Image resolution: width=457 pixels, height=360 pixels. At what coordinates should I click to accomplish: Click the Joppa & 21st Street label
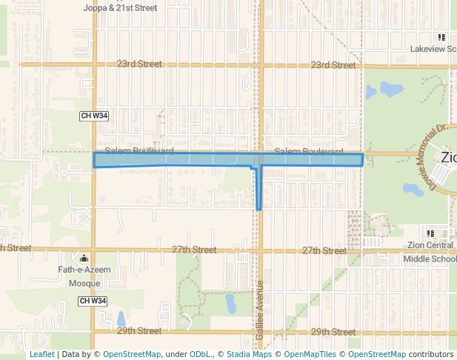pos(121,7)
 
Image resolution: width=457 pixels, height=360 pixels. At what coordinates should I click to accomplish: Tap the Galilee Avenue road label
pos(260,311)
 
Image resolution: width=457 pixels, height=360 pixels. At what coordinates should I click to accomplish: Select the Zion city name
pos(448,157)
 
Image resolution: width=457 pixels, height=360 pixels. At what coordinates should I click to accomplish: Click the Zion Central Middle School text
pos(430,252)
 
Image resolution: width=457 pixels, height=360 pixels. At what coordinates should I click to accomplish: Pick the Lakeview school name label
pos(433,50)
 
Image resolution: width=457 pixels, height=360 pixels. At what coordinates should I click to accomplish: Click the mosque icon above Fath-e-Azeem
pos(84,259)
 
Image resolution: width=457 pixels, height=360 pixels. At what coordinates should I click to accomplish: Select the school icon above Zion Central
pos(441,233)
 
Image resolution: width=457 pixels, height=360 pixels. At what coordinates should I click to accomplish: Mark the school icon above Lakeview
pos(441,37)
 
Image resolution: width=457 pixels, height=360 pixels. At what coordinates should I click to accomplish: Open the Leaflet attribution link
pos(41,354)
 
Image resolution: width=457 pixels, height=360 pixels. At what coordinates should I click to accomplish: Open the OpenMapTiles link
pos(310,354)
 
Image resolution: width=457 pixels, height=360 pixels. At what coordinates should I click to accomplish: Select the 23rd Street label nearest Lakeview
pos(333,65)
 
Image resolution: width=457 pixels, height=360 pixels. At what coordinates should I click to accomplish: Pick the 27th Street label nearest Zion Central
pos(324,251)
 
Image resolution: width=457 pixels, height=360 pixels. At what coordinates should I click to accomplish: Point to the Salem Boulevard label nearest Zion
pos(304,151)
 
